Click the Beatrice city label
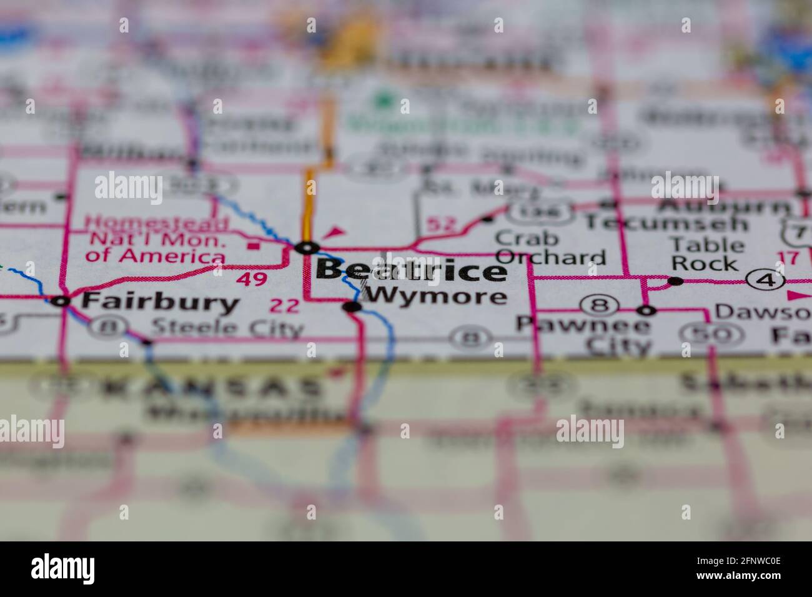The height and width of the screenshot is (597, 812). (411, 271)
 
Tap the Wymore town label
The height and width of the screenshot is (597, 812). (435, 296)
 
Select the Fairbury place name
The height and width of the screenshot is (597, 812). (161, 303)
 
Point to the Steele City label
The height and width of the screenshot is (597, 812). (227, 327)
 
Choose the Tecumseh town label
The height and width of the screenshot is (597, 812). (665, 223)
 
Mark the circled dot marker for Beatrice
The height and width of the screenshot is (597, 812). (307, 248)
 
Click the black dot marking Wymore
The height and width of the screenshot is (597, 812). (353, 306)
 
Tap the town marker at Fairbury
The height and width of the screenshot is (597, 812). (61, 302)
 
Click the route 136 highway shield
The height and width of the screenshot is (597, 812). (540, 212)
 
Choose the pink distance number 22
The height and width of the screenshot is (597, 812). (284, 306)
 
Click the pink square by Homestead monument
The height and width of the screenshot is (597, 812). (254, 245)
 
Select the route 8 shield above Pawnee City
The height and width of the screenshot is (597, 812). (598, 306)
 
